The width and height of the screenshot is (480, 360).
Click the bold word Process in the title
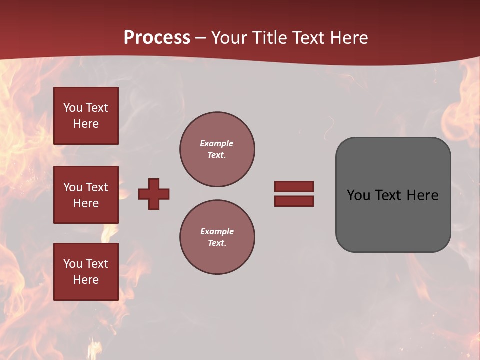157,38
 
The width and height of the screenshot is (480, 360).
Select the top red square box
86,116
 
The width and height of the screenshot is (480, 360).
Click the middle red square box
86,195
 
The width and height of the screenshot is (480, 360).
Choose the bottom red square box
86,272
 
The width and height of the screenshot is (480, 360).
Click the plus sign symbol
154,194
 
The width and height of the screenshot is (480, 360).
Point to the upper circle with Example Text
217,149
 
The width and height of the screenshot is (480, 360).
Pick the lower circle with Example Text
217,237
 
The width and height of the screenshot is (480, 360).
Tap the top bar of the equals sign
294,186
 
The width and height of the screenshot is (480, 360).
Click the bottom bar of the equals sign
294,201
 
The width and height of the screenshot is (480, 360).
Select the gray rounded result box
393,195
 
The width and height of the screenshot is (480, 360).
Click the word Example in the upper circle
217,143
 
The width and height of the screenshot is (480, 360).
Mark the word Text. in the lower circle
217,243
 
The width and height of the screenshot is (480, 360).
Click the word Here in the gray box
423,195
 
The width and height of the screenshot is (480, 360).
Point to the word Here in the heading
348,38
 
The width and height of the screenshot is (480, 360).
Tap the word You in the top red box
73,108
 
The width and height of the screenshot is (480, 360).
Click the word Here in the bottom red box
86,280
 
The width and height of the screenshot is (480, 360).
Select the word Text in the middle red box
96,187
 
